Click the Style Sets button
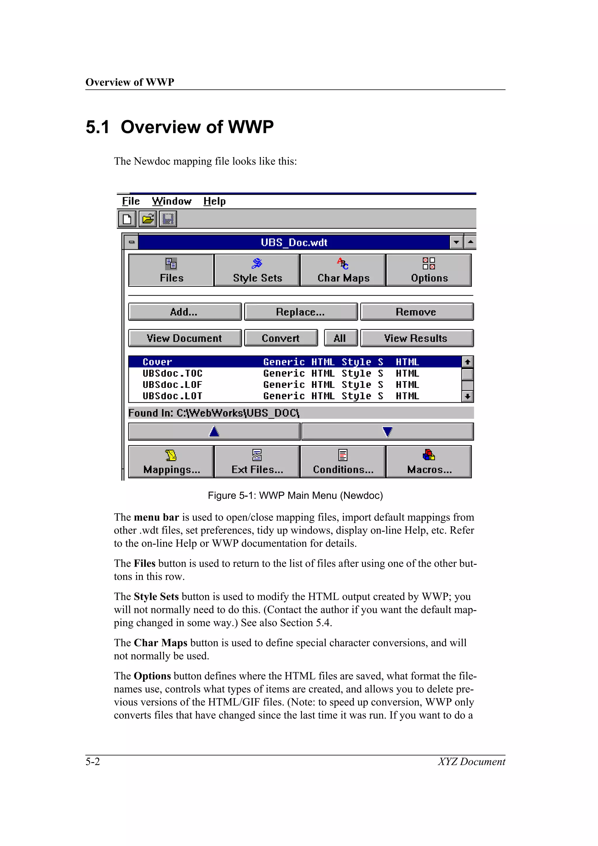click(x=257, y=270)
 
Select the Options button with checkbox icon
click(x=429, y=270)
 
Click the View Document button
click(x=185, y=338)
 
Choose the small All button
click(x=340, y=338)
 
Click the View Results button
click(x=416, y=338)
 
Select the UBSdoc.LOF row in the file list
click(x=173, y=385)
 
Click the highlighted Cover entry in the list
click(x=158, y=362)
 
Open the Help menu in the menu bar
click(x=214, y=201)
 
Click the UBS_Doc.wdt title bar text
click(x=294, y=242)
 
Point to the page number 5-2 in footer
click(x=93, y=761)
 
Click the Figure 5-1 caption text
click(x=295, y=495)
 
